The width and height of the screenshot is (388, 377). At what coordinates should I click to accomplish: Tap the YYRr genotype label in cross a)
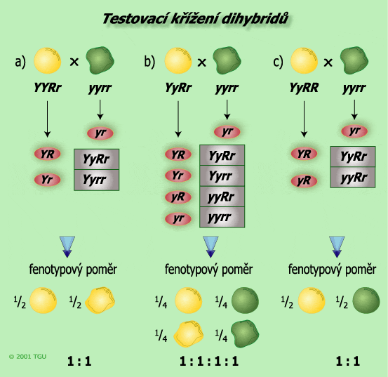coord(48,88)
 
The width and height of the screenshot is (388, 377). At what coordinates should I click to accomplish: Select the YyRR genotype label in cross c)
coord(304,88)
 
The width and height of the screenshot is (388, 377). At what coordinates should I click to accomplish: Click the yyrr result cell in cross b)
coord(222,217)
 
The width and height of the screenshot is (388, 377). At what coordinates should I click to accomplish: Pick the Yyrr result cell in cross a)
coord(97,180)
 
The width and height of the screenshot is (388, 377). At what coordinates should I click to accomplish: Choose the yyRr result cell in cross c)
coord(353,178)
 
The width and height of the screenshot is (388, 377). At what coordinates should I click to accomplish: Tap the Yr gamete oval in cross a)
coord(47,180)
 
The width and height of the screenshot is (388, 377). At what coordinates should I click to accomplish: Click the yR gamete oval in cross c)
coord(304,180)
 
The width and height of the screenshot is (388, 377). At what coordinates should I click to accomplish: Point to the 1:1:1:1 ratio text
coord(209,361)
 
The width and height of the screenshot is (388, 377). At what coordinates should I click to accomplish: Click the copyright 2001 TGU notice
coord(27,357)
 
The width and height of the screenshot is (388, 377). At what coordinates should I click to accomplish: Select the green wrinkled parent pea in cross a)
coord(100,60)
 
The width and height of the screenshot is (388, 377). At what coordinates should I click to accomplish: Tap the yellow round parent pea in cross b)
coord(178,60)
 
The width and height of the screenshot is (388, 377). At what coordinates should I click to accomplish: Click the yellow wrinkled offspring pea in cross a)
coord(100,300)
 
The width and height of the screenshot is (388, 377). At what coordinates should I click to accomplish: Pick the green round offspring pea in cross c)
coord(366,300)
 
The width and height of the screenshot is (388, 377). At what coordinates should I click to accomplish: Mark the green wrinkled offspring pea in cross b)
coord(245,333)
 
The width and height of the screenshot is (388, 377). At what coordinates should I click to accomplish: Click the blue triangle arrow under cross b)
coord(210,247)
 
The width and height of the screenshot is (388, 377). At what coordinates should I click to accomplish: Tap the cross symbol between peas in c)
coord(328,62)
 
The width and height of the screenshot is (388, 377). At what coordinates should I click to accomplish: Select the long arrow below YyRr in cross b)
coord(178,119)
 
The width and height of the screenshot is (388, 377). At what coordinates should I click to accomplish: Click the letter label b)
coord(149,61)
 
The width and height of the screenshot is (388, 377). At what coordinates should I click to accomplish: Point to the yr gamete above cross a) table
coord(100,133)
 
